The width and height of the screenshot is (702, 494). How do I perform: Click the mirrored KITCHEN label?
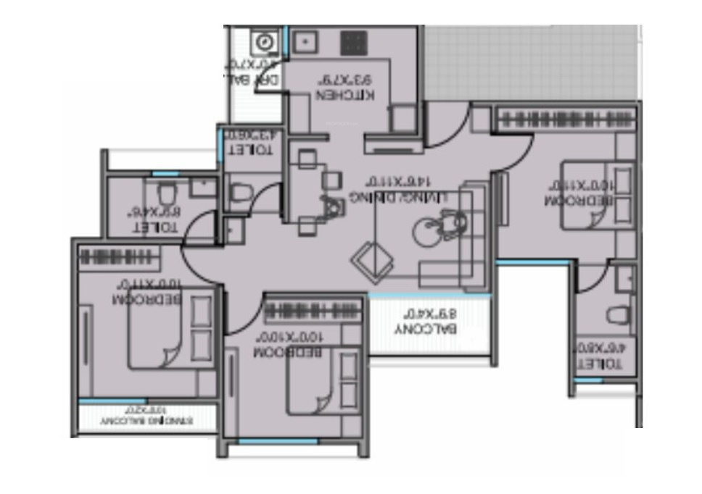(x=346, y=96)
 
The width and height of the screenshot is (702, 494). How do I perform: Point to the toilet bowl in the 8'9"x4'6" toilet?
(x=166, y=193)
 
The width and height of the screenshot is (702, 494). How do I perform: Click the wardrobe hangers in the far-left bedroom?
(x=120, y=256)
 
